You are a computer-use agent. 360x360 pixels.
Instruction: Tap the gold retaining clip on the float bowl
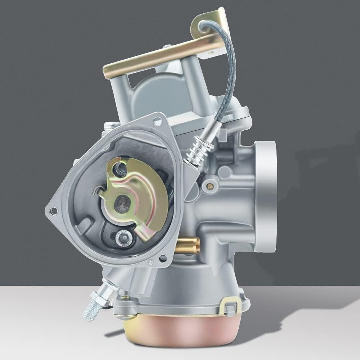pos(229,305)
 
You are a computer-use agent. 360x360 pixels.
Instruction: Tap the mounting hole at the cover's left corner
pos(54,210)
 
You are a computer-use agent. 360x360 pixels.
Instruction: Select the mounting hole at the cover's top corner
pos(157,121)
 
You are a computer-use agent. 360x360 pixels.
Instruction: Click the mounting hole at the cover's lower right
pos(162,258)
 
